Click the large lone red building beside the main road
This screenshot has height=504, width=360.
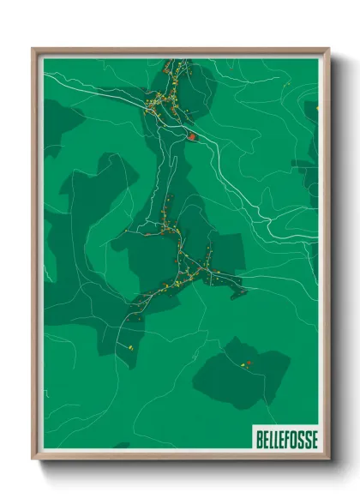click(193, 135)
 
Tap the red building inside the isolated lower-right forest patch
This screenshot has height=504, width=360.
click(249, 363)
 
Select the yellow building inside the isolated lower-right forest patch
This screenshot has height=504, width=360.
click(241, 365)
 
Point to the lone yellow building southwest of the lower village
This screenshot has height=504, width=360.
click(129, 348)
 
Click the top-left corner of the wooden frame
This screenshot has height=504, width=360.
click(33, 49)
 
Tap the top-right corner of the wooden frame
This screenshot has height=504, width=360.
click(328, 49)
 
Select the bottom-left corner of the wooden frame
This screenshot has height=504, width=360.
click(33, 459)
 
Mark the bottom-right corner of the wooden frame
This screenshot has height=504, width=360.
click(328, 459)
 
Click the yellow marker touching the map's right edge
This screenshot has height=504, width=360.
click(317, 108)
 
